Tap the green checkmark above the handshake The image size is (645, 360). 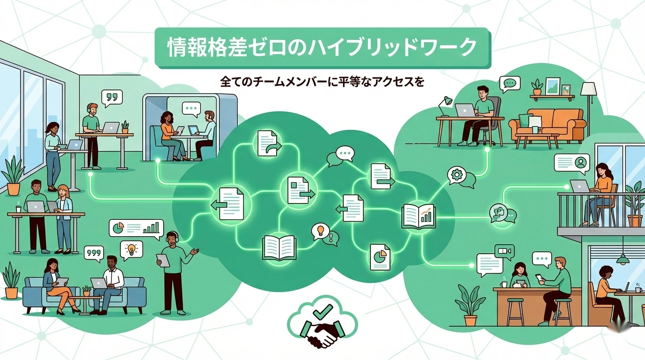point(323,311)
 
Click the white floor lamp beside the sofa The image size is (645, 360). point(588,94)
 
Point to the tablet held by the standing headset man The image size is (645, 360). point(163,260)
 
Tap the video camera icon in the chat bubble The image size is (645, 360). point(504,252)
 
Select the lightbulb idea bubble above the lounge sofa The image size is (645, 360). point(131,249)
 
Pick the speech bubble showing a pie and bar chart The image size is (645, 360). point(136,228)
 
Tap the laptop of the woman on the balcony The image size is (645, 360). point(580,186)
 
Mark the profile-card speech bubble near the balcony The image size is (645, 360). point(571,163)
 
